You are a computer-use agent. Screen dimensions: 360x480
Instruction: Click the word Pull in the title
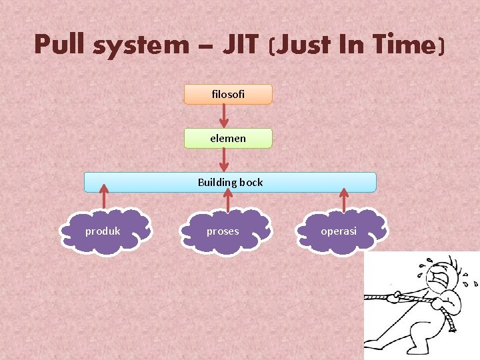61,45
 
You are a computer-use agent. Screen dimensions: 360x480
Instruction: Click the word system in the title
141,45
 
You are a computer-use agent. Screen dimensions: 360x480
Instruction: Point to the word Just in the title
304,45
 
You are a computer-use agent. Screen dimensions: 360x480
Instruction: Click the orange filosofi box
228,95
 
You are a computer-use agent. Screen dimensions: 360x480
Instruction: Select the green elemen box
228,139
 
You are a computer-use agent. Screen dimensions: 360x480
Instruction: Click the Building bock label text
230,182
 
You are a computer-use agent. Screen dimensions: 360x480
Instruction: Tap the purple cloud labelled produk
103,231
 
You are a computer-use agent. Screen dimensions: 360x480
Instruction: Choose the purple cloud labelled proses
223,231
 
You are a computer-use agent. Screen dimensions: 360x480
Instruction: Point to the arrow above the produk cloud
103,199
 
